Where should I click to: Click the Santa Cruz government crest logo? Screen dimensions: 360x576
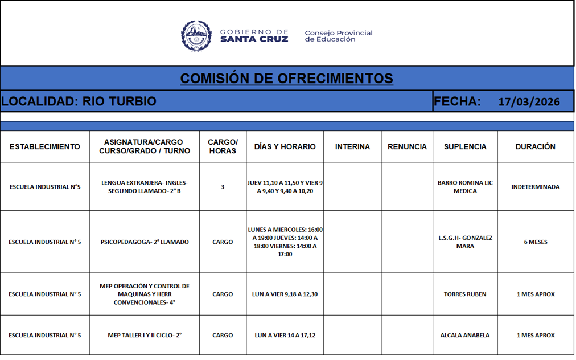[196, 35]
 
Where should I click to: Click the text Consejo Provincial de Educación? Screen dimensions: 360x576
[338, 36]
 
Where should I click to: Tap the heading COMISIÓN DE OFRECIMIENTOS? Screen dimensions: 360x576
[286, 79]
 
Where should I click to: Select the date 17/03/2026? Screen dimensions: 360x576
[529, 102]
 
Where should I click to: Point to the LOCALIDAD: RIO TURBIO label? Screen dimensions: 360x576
[79, 101]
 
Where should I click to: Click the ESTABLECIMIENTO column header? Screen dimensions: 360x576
[45, 146]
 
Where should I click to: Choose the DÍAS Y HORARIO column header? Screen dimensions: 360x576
[285, 146]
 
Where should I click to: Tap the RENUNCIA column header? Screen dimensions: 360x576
[407, 146]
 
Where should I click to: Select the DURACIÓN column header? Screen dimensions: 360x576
[535, 146]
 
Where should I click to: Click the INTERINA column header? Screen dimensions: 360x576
[352, 146]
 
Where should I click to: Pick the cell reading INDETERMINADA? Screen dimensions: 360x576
[535, 187]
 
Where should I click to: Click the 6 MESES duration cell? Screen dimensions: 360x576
[535, 242]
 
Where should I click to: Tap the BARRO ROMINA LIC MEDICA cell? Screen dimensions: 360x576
[465, 187]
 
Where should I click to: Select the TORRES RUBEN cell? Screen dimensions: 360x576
[465, 294]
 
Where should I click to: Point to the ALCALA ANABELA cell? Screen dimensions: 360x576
[465, 336]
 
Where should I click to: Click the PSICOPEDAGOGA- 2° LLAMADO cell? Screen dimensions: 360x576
[145, 242]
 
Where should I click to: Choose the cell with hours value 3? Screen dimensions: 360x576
[223, 187]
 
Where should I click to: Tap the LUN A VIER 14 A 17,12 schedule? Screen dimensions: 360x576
[285, 336]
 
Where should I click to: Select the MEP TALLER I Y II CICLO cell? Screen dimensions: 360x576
[145, 336]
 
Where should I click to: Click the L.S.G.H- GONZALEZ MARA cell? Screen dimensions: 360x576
[465, 242]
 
